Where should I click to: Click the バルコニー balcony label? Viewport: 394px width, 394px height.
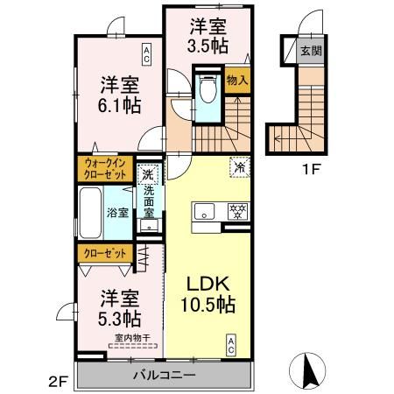(x=163, y=375)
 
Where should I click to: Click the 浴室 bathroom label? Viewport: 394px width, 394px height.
(x=118, y=212)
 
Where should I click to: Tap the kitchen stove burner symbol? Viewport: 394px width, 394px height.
(x=235, y=211)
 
